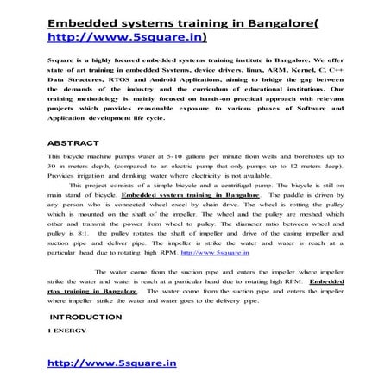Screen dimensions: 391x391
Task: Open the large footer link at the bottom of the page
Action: click(x=111, y=363)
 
